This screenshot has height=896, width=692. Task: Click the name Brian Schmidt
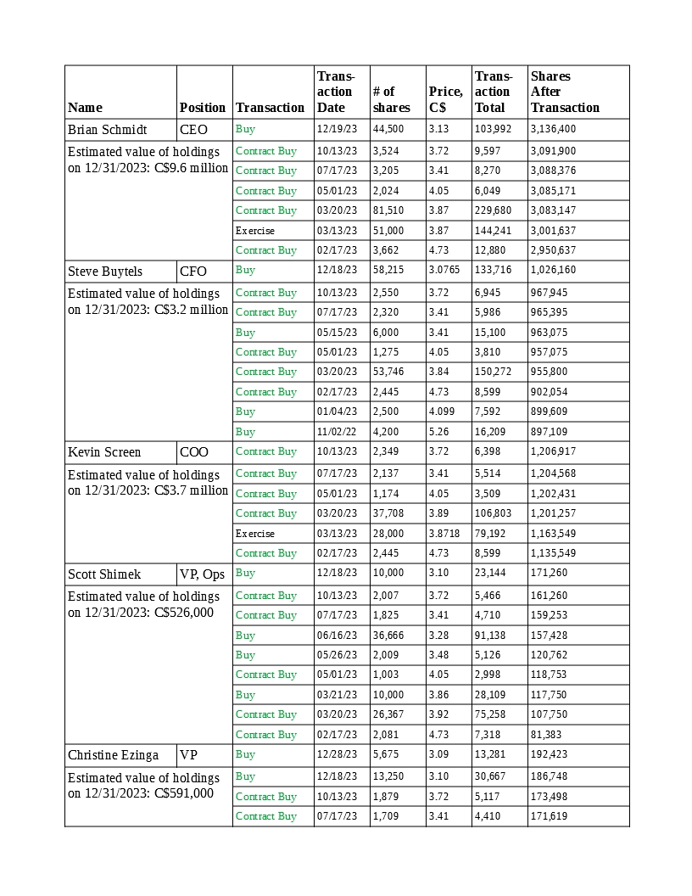(x=107, y=130)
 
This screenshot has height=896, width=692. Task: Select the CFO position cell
(x=193, y=272)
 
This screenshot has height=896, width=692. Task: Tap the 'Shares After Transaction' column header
(x=565, y=92)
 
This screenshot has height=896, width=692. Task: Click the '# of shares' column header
(x=391, y=99)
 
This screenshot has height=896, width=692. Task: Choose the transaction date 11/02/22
(x=337, y=432)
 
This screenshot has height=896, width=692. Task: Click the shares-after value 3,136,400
(x=553, y=130)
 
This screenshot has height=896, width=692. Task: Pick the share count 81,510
(x=388, y=210)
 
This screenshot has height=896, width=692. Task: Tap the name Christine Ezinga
(x=113, y=755)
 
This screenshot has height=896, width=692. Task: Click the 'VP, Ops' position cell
(x=202, y=574)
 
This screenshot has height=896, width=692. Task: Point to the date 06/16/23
(x=337, y=636)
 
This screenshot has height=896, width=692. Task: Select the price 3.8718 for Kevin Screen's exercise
(x=444, y=534)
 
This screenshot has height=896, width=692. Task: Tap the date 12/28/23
(x=337, y=754)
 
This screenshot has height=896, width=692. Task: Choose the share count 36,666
(x=388, y=636)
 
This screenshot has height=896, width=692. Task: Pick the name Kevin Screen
(x=104, y=452)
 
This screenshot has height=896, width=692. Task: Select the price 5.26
(x=438, y=432)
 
